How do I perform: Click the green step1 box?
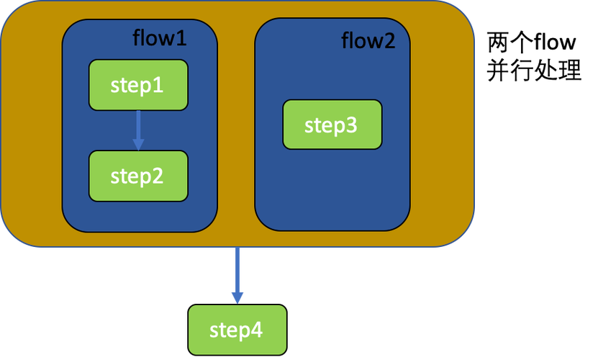click(x=138, y=85)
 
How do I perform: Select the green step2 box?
click(x=138, y=176)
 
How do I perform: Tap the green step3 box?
click(x=332, y=125)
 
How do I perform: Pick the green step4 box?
click(x=237, y=330)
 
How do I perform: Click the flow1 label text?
click(x=160, y=38)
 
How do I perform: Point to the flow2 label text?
click(x=368, y=40)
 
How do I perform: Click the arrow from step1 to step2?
click(x=138, y=130)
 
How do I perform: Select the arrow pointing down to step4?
click(x=237, y=275)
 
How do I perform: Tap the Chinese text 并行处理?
click(x=534, y=70)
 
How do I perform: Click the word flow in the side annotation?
click(x=554, y=41)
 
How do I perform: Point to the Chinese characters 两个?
click(x=510, y=42)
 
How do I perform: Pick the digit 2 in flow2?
click(x=389, y=41)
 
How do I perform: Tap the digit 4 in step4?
click(x=256, y=330)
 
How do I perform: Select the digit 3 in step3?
click(x=351, y=125)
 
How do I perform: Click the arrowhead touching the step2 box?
click(x=138, y=145)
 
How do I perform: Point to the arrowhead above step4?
click(x=237, y=298)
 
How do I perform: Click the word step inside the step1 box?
click(x=130, y=86)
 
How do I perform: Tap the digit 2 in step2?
click(x=157, y=176)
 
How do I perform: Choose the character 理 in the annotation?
click(x=570, y=70)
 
